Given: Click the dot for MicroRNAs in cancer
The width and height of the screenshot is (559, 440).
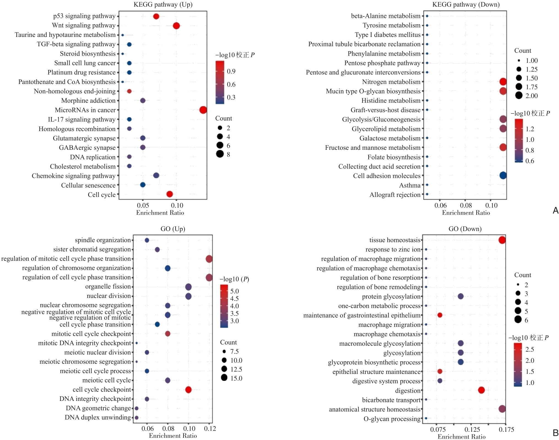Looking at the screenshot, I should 203,110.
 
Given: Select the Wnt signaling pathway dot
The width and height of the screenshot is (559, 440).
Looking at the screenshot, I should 176,26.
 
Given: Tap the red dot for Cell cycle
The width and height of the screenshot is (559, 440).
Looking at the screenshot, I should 170,194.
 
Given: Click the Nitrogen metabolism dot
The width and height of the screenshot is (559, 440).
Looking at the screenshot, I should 503,82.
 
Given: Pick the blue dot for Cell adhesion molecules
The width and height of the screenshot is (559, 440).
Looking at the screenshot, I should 503,175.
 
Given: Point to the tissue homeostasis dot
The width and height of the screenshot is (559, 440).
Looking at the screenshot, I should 502,240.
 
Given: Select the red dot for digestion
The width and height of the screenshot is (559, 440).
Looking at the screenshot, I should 481,390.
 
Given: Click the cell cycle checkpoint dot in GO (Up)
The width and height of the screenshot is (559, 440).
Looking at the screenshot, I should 188,390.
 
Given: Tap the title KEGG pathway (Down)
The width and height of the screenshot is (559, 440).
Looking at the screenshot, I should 466,4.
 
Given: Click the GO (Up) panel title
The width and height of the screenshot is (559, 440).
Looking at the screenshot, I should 173,229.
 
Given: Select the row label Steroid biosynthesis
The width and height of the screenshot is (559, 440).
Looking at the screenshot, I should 88,54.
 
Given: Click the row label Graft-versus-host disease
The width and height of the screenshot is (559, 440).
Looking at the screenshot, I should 385,110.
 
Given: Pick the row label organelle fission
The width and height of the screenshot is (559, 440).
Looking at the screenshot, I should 108,287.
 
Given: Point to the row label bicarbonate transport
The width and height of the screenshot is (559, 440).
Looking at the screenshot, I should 391,400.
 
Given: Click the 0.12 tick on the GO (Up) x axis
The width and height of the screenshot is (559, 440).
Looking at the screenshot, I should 210,429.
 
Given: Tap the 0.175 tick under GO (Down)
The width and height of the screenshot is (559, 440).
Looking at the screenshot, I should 506,430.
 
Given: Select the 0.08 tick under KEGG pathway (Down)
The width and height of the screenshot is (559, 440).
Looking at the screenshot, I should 466,205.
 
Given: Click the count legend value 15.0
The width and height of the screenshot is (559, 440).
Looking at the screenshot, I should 236,378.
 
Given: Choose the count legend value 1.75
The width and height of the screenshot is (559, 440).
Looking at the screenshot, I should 531,87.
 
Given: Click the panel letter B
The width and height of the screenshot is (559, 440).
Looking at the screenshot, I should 555,433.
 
